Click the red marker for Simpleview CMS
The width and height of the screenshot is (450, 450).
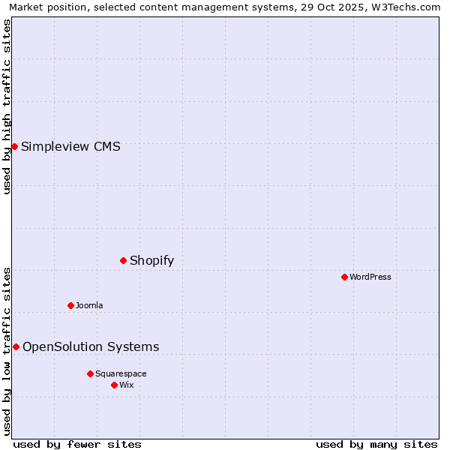coord(14,146)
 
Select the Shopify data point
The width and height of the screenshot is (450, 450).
coord(123,260)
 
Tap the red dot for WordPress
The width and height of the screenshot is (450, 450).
coord(344,277)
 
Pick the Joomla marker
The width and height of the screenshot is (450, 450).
coord(70,305)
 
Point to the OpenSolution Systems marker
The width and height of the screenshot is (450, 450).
coord(16,346)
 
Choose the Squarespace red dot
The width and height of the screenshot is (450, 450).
coord(90,373)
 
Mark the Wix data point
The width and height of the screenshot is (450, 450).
coord(114,385)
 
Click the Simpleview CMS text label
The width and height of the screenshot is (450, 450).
coord(70,146)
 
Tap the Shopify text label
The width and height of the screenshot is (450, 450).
coord(151,261)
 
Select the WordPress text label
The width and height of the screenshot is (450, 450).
coord(370,277)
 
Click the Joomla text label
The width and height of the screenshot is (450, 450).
coord(89,305)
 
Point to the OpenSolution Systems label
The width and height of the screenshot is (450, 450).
coord(91,346)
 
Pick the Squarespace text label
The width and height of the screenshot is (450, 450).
coord(121,373)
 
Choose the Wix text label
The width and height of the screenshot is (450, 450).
coord(127,385)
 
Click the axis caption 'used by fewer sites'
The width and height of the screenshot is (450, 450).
coord(77,444)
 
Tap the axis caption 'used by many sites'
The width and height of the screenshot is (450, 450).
coord(376,444)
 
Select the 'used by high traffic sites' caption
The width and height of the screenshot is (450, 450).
coord(7,106)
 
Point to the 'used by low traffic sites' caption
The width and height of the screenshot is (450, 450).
coord(7,350)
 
